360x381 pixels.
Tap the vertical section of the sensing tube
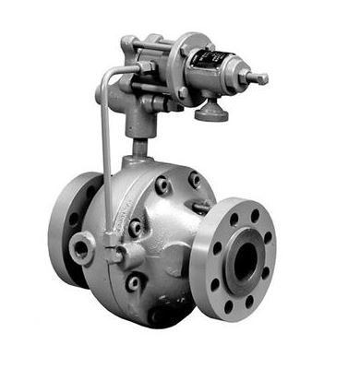pos(104,157)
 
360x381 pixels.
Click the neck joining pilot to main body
pos(141,146)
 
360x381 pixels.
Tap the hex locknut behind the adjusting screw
pos(247,77)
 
